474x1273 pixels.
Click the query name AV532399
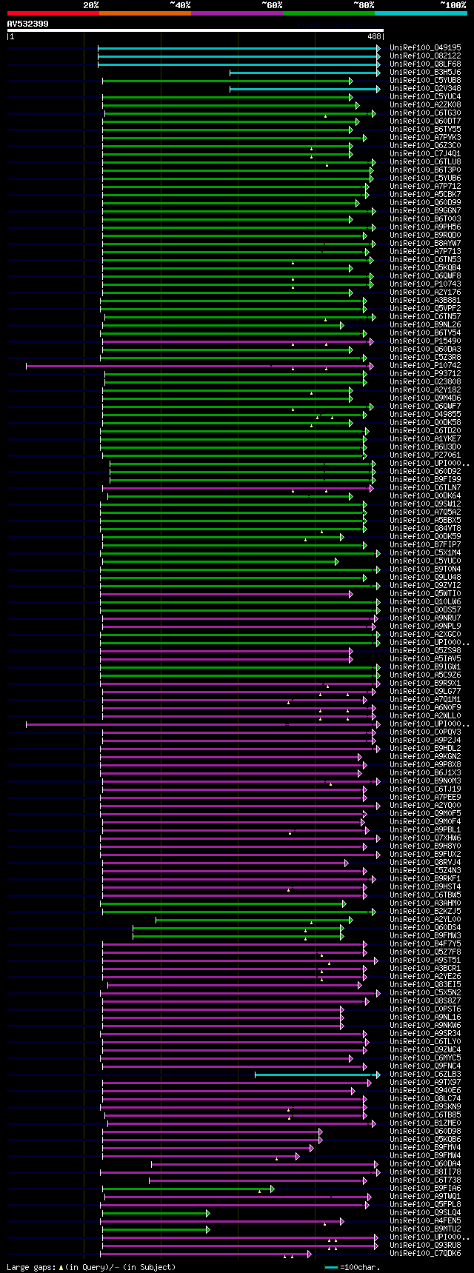coord(28,24)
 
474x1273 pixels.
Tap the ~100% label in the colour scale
coord(453,5)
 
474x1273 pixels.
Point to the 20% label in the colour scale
coord(90,5)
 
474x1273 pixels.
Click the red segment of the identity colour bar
coord(53,13)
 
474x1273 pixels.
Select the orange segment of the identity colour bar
coord(144,13)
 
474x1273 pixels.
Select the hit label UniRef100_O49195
coord(425,48)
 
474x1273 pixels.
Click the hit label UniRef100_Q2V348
coord(425,89)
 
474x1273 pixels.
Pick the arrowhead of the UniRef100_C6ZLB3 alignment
coord(378,1075)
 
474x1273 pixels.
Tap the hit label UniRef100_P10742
coord(425,366)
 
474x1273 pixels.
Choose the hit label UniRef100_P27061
coord(425,455)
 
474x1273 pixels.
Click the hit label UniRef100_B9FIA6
coord(425,1189)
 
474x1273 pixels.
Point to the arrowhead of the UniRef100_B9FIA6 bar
coord(273,1189)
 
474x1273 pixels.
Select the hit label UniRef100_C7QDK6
coord(425,1254)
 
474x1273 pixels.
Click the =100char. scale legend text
coord(361,1267)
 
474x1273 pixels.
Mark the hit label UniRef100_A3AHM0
coord(425,903)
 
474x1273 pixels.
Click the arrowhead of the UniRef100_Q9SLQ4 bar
coord(208,1213)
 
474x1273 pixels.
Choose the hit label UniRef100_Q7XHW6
coord(425,838)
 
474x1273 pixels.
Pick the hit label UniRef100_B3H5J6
coord(425,73)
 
